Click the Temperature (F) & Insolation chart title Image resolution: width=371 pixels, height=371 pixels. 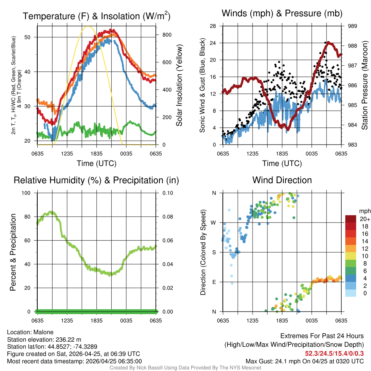pyautogui.click(x=96, y=16)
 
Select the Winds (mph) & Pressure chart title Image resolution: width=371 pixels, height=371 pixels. pyautogui.click(x=282, y=13)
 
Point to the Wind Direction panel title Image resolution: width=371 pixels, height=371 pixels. pyautogui.click(x=282, y=180)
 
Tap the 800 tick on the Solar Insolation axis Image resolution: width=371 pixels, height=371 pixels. pyautogui.click(x=167, y=35)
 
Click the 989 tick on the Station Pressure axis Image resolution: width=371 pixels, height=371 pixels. pyautogui.click(x=353, y=26)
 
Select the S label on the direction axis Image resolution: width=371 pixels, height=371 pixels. pyautogui.click(x=214, y=252)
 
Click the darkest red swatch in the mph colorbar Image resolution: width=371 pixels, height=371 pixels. pyautogui.click(x=351, y=219)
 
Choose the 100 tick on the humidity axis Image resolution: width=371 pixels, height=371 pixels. pyautogui.click(x=26, y=193)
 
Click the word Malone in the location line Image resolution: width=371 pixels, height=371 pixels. pyautogui.click(x=43, y=332)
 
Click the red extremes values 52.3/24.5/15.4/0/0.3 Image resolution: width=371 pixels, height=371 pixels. pyautogui.click(x=334, y=354)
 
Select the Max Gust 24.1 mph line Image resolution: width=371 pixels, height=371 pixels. pyautogui.click(x=305, y=361)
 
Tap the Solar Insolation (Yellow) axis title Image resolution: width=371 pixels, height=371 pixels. pyautogui.click(x=179, y=86)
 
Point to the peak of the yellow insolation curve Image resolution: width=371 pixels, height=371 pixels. pyautogui.click(x=88, y=26)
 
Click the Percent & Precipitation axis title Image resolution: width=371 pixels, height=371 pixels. pyautogui.click(x=13, y=252)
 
